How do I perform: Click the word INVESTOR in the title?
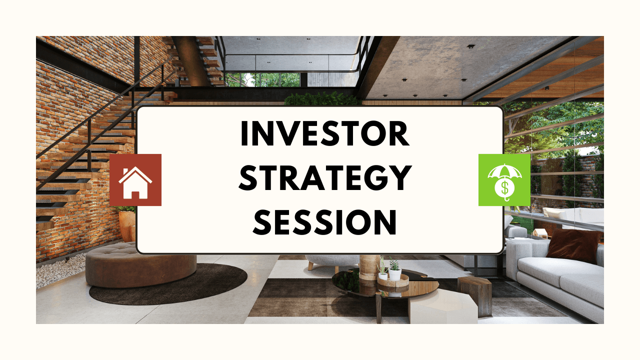pos(325,133)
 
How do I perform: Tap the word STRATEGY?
pos(325,177)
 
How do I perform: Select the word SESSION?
pos(325,222)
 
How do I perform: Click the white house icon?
pos(135,182)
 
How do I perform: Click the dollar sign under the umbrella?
pos(505,187)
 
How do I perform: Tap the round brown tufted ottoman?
pos(141,265)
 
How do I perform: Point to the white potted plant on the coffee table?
pos(395,271)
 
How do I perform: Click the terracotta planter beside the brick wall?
pos(127,225)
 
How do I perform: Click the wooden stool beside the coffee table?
pos(474,295)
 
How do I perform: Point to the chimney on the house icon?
pos(125,171)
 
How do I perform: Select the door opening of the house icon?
pos(135,195)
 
